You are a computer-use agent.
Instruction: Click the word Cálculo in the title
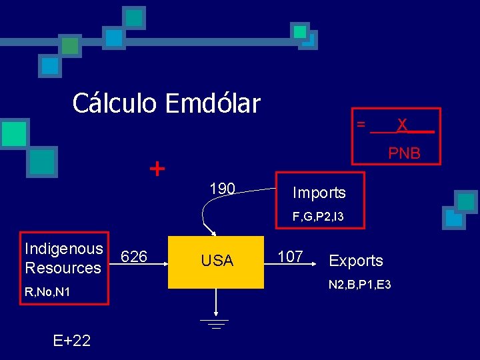pos(115,103)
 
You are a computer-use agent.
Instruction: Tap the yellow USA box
pos(217,261)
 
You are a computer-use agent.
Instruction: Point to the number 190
pos(222,189)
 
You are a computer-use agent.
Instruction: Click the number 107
pos(290,257)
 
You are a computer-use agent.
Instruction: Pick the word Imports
pos(319,193)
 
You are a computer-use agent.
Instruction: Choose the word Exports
pos(356,261)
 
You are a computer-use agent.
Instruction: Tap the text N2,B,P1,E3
pos(360,285)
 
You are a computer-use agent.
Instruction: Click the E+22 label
pos(72,341)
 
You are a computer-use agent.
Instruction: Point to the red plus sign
pos(157,169)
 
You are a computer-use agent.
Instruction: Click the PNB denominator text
pos(405,153)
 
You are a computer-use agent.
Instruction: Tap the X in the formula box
pos(402,125)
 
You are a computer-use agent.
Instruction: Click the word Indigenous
pos(63,249)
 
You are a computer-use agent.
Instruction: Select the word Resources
pos(62,268)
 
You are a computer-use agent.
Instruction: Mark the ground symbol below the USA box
pos(216,323)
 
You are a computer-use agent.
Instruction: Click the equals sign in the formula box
pos(361,124)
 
